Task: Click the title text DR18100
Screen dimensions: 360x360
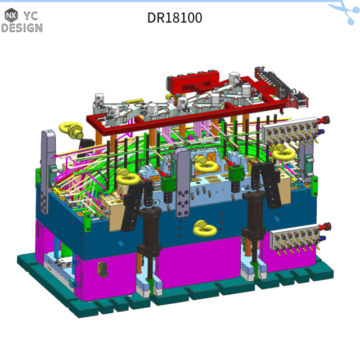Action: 174,17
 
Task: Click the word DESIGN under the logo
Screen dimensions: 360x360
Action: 21,28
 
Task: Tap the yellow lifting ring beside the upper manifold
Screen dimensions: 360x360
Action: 282,153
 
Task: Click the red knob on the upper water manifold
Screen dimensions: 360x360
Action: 325,120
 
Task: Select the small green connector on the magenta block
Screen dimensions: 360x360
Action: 102,269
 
